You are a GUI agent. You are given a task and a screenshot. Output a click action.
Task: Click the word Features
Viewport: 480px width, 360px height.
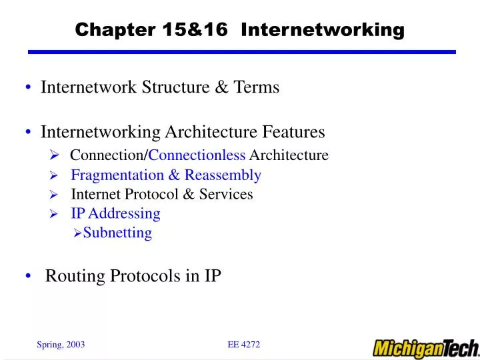tap(293, 132)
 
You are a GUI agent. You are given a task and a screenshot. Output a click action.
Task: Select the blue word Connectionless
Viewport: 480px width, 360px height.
tap(197, 155)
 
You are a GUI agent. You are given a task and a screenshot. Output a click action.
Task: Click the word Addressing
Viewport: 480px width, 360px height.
tap(125, 213)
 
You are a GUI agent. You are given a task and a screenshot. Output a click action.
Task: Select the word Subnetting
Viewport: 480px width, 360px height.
tap(117, 233)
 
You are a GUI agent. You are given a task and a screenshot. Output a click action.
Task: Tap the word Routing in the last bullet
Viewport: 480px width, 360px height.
tap(72, 276)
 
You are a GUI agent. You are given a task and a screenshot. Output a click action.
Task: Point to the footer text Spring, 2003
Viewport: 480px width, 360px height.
tap(60, 344)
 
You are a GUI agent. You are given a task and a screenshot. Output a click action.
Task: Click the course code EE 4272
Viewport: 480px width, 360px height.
tap(243, 344)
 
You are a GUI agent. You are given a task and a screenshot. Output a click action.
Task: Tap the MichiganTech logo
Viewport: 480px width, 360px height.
tap(425, 348)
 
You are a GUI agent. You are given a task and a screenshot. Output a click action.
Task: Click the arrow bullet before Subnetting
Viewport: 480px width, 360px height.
tap(77, 233)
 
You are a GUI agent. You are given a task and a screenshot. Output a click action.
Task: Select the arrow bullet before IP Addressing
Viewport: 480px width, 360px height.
tap(55, 214)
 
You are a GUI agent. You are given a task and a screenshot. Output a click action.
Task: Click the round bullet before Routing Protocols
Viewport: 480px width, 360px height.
tap(31, 277)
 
